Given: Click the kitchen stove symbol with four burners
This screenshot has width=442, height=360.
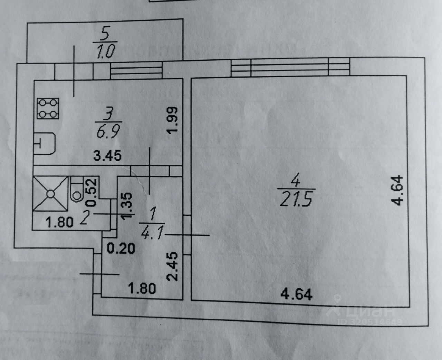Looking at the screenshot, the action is pos(48,109).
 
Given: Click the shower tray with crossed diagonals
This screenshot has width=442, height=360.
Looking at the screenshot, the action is pos(50,194).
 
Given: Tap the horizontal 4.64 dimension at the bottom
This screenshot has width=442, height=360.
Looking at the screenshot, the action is pos(296,294).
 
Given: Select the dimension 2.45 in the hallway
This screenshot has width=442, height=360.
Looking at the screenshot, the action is pos(172,266).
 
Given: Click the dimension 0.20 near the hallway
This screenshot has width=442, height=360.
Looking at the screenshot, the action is pos(121,248).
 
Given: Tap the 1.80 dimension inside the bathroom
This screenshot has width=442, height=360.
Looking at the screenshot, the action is pos(59,222).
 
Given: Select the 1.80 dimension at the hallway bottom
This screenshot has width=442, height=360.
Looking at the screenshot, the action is pos(142,288).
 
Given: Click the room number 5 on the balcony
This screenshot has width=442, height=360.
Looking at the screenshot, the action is pos(105,35).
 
